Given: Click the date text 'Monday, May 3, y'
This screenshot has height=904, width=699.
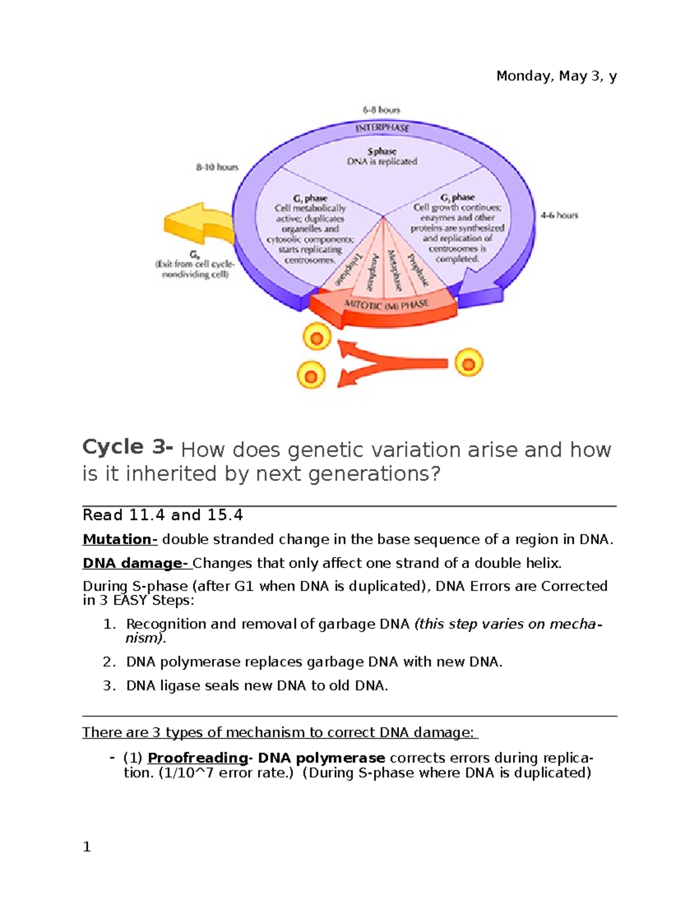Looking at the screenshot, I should click(x=556, y=76).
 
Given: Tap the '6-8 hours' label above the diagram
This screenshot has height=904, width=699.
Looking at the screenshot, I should click(x=382, y=109).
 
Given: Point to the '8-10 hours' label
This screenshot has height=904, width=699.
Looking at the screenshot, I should click(x=217, y=167).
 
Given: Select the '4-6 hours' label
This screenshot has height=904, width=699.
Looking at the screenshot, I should click(x=559, y=215).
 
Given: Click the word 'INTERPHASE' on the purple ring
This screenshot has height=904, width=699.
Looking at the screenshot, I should click(x=382, y=127).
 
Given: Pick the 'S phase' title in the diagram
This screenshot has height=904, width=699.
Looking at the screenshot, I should click(x=382, y=151).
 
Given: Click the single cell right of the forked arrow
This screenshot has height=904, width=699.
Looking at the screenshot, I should click(x=468, y=363).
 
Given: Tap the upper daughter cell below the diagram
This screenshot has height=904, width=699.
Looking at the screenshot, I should click(x=316, y=338).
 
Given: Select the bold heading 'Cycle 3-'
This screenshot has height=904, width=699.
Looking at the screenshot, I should click(x=128, y=447).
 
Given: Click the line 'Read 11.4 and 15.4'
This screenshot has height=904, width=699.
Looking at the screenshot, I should click(x=163, y=515).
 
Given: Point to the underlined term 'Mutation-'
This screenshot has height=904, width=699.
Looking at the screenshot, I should click(x=120, y=540).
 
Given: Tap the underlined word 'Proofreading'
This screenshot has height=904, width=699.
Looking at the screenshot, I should click(x=197, y=758).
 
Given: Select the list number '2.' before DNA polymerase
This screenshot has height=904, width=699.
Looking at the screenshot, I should click(x=110, y=662).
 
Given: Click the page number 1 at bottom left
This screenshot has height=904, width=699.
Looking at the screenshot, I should click(x=87, y=847).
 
